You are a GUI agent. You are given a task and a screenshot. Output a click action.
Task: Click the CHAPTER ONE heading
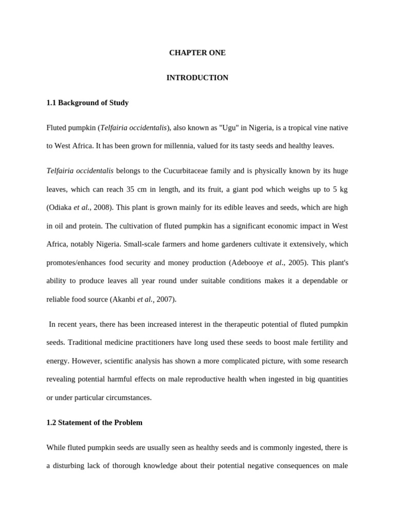coord(197,53)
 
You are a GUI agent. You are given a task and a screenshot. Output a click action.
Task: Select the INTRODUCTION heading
coord(197,78)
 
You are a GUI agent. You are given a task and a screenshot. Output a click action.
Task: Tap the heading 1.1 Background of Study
coord(87,103)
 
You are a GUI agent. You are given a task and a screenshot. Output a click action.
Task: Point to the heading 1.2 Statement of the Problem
coord(94,423)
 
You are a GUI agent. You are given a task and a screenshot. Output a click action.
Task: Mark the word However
coord(85,361)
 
